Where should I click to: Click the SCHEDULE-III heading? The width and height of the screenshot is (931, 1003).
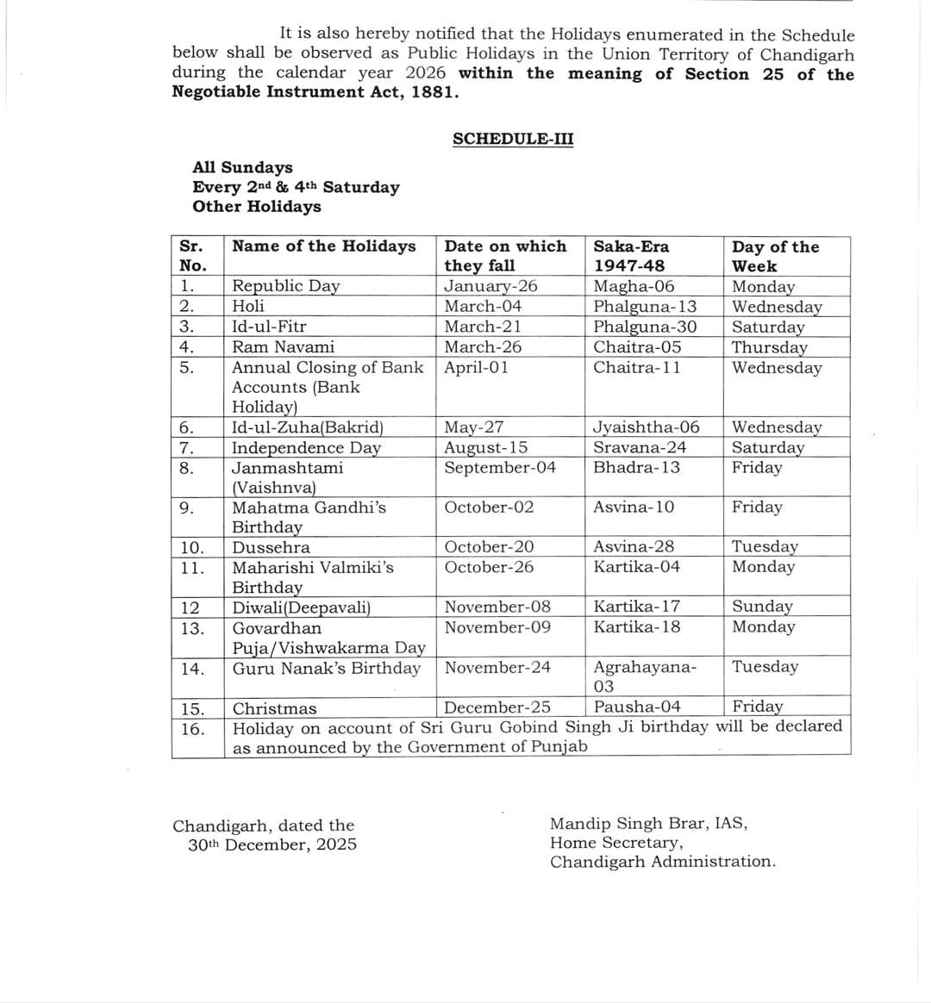click(x=512, y=140)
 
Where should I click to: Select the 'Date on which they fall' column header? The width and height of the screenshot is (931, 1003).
click(x=505, y=256)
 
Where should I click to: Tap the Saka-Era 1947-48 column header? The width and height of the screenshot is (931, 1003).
click(x=631, y=256)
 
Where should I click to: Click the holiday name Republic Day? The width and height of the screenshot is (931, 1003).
click(x=286, y=286)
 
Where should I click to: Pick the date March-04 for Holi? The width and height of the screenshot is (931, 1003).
click(x=483, y=306)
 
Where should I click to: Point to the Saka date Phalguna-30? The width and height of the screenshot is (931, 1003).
click(x=645, y=327)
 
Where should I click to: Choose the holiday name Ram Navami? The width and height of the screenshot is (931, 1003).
click(x=284, y=347)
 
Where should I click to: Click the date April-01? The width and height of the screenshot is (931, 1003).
click(x=477, y=367)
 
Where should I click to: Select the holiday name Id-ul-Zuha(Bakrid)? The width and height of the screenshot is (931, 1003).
click(x=308, y=427)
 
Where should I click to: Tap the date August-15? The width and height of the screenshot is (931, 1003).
click(x=486, y=447)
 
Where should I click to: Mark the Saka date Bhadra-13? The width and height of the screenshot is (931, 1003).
click(x=636, y=467)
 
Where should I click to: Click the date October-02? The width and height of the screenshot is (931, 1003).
click(x=489, y=507)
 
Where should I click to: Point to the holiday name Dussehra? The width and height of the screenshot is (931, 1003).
click(x=272, y=547)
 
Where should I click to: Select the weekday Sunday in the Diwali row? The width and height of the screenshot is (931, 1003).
click(x=762, y=607)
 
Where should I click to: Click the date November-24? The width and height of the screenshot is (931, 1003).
click(x=497, y=667)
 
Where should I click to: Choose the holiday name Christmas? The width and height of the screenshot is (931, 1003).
click(x=274, y=709)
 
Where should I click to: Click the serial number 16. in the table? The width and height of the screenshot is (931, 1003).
click(x=193, y=729)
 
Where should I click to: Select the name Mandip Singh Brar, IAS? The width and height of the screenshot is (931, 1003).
click(x=648, y=823)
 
